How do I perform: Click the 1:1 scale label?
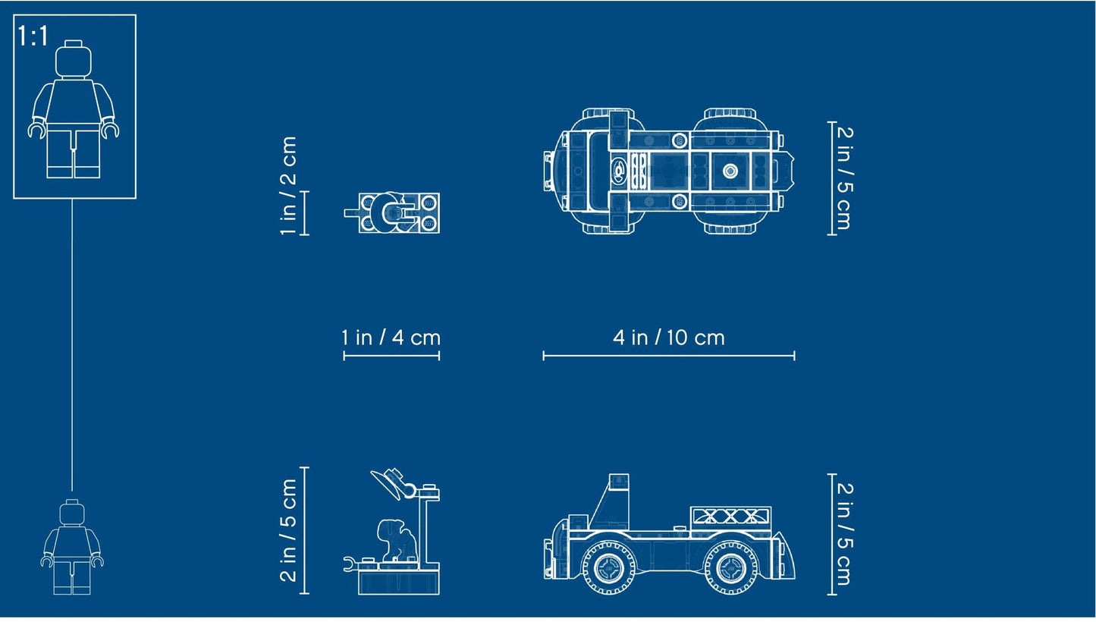(33, 36)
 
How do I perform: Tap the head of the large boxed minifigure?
(74, 58)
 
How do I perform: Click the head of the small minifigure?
(72, 512)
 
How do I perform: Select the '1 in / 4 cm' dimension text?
(391, 338)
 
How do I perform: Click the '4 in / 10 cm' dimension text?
(668, 338)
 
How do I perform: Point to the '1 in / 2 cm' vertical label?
(288, 186)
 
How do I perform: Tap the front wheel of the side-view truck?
(608, 567)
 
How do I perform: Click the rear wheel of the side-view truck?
(731, 567)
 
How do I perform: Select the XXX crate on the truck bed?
(730, 517)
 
